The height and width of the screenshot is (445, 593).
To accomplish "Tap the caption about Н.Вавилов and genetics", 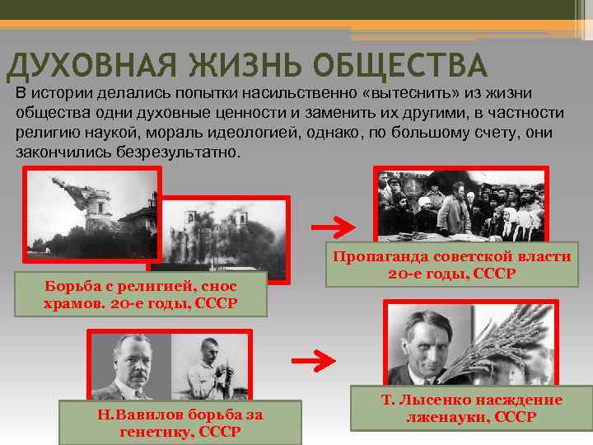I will coord(180,423).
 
